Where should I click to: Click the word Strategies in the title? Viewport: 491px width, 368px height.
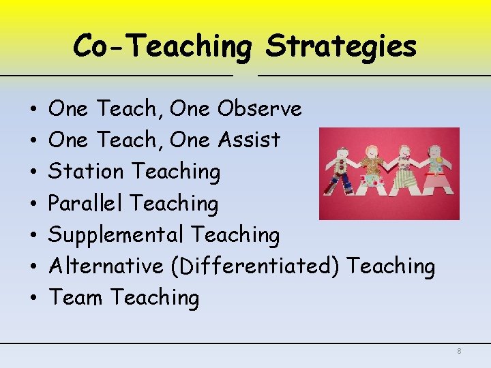click(341, 46)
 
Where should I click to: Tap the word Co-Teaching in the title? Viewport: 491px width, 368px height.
click(162, 46)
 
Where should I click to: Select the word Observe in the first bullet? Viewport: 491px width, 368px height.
click(259, 108)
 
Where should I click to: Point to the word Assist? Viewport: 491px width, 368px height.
click(249, 140)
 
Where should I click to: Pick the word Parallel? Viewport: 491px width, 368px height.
click(86, 203)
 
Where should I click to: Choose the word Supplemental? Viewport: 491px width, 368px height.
click(116, 234)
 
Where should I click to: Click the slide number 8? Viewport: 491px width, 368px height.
click(459, 351)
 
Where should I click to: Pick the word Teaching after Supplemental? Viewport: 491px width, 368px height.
click(235, 234)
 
